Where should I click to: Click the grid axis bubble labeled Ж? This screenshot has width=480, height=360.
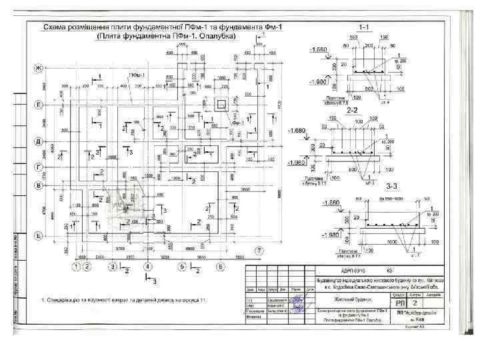coord(38,69)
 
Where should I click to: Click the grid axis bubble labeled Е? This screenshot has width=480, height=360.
coord(38,105)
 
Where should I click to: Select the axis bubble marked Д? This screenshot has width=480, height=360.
coord(38,142)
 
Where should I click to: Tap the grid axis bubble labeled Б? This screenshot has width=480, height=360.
coord(38,236)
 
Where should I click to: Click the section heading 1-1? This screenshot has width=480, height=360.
coord(365,27)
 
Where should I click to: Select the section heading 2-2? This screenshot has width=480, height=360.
coord(353,110)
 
